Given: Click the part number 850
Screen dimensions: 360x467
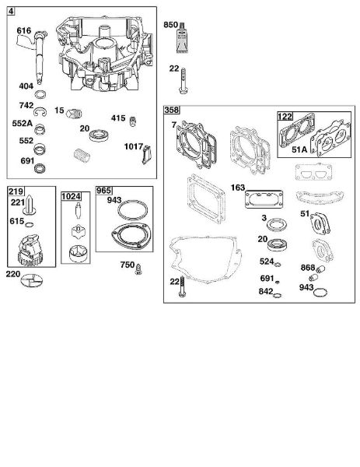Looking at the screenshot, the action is [x=170, y=25].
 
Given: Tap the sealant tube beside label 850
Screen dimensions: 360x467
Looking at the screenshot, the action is [x=182, y=37].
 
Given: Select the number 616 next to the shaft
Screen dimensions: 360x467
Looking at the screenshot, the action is [x=24, y=30].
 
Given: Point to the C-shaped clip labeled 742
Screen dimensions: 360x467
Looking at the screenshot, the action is [x=40, y=112].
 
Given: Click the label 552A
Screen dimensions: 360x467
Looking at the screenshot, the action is [x=23, y=123].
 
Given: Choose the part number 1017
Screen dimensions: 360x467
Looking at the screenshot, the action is [x=134, y=146].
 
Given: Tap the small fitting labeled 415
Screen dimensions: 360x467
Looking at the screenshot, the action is [x=133, y=121].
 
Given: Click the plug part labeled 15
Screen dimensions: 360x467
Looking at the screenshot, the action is [x=74, y=114].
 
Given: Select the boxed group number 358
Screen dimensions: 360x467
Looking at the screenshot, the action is [x=172, y=110].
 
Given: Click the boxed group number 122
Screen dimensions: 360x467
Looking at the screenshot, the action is [x=285, y=116].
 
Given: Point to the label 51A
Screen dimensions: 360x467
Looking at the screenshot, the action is [x=299, y=149].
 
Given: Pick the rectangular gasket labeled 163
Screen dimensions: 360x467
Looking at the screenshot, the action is [x=264, y=199].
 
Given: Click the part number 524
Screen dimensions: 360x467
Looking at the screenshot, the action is [x=267, y=262].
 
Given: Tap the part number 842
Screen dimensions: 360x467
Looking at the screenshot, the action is [x=266, y=291].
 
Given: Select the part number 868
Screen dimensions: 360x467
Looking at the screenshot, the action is [x=308, y=268].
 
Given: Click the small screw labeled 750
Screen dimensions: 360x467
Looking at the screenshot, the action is [x=138, y=269].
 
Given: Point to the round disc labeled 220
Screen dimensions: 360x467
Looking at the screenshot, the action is [x=32, y=280].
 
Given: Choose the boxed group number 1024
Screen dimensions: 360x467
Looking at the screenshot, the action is [x=71, y=196].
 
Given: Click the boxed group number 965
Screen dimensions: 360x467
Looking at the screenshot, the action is [x=104, y=191].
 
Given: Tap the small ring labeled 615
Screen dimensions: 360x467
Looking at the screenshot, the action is [x=29, y=225].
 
